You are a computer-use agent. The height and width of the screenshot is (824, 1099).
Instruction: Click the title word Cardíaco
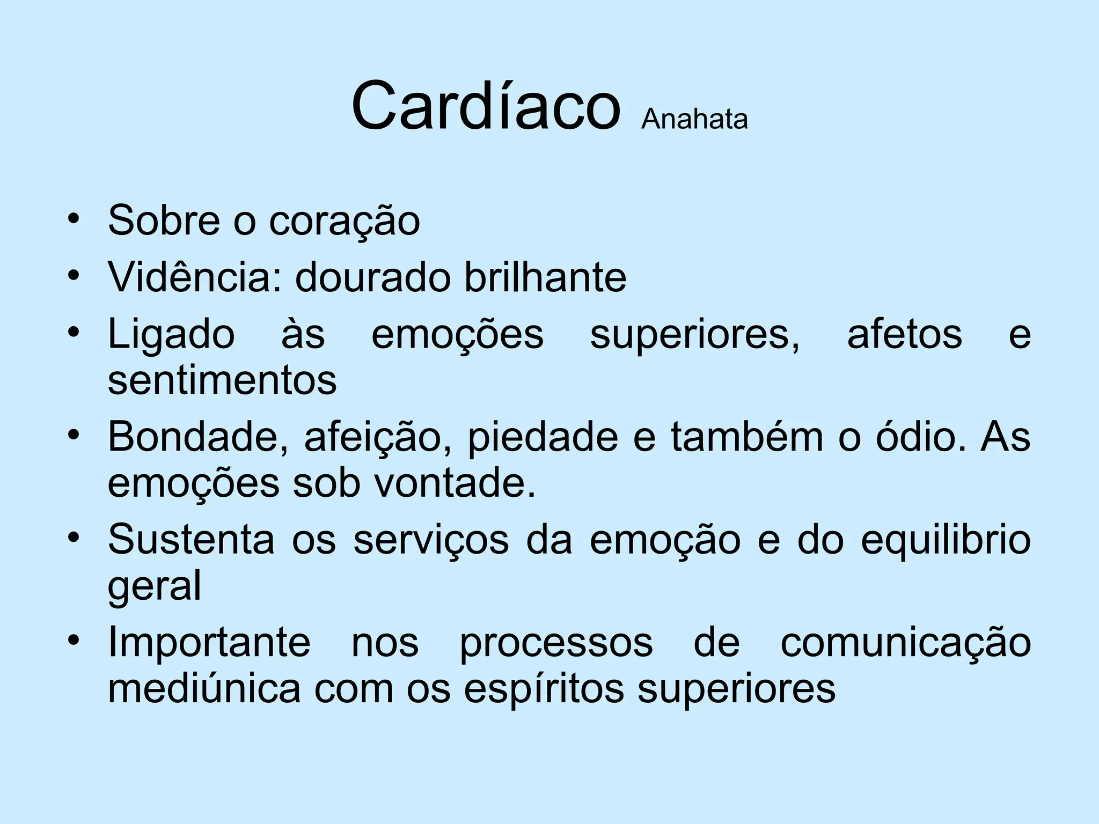point(486,105)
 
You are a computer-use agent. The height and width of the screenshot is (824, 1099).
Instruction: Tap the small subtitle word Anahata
point(694,119)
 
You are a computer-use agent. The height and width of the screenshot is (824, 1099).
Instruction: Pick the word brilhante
point(545,277)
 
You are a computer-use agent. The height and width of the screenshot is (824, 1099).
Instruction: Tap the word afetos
point(904,334)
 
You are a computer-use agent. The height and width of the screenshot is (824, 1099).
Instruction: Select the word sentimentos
point(222,380)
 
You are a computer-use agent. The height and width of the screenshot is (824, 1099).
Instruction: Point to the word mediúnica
point(204,689)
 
